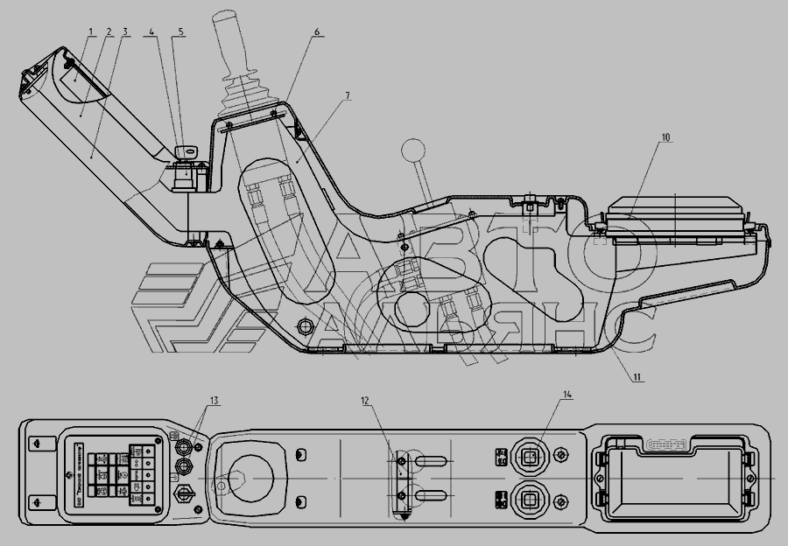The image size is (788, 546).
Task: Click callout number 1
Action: point(90,32)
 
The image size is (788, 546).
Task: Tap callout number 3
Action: point(125,32)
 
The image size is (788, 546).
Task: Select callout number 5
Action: point(181,32)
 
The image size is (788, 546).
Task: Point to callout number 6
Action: point(318,32)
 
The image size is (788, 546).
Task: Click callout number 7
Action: point(347,93)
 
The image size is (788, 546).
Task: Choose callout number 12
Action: point(364,401)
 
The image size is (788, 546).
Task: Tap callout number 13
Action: point(214,401)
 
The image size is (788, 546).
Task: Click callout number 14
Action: point(567,395)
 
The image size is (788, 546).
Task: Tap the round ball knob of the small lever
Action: point(411,150)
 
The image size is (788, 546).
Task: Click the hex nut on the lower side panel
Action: point(306,326)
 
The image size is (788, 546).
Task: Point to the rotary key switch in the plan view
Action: point(186,496)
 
